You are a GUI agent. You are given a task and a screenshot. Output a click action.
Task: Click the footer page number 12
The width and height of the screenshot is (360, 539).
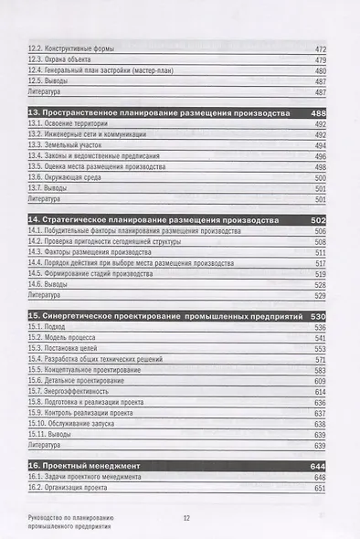pyautogui.click(x=185, y=518)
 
